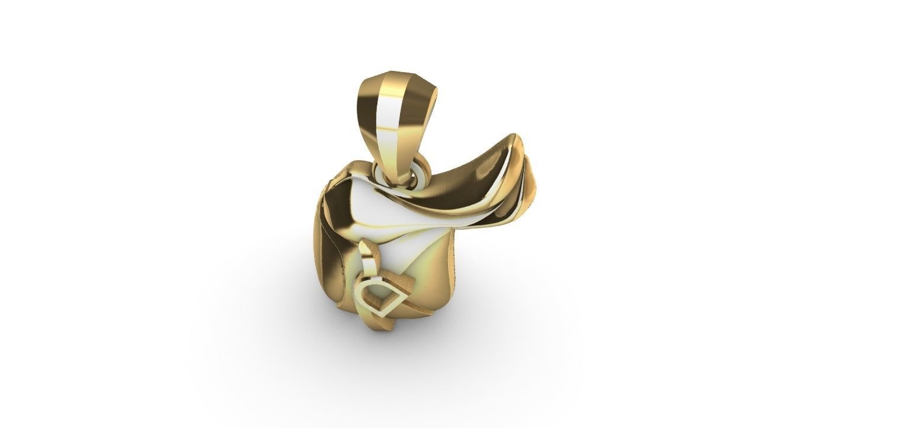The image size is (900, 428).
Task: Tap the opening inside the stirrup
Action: coord(379,295)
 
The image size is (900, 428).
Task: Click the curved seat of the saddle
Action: coord(450,189)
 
